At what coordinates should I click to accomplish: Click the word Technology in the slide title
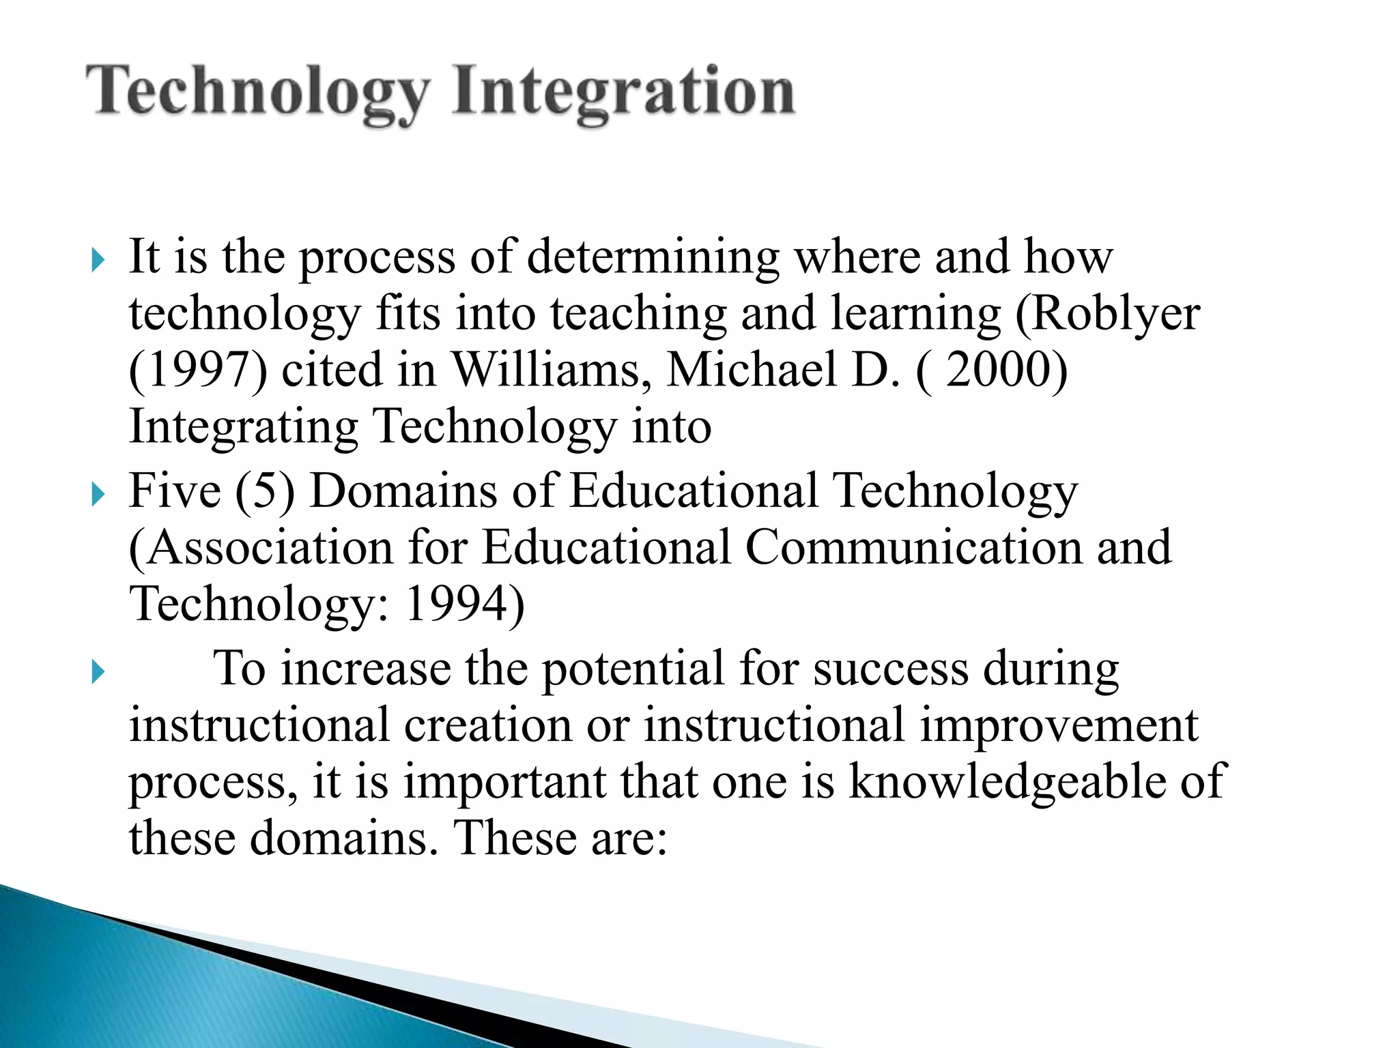[258, 92]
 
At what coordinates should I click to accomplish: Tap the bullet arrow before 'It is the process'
[98, 260]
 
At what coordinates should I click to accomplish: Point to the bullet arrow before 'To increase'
[98, 672]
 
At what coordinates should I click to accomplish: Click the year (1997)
[197, 370]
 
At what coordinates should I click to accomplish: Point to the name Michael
[751, 370]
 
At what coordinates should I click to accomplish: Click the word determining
[653, 258]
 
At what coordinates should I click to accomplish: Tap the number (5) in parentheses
[265, 491]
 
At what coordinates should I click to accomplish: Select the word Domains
[403, 491]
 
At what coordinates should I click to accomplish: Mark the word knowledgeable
[1007, 781]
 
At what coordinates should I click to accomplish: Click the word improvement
[1058, 725]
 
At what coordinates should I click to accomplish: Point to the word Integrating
[243, 427]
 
